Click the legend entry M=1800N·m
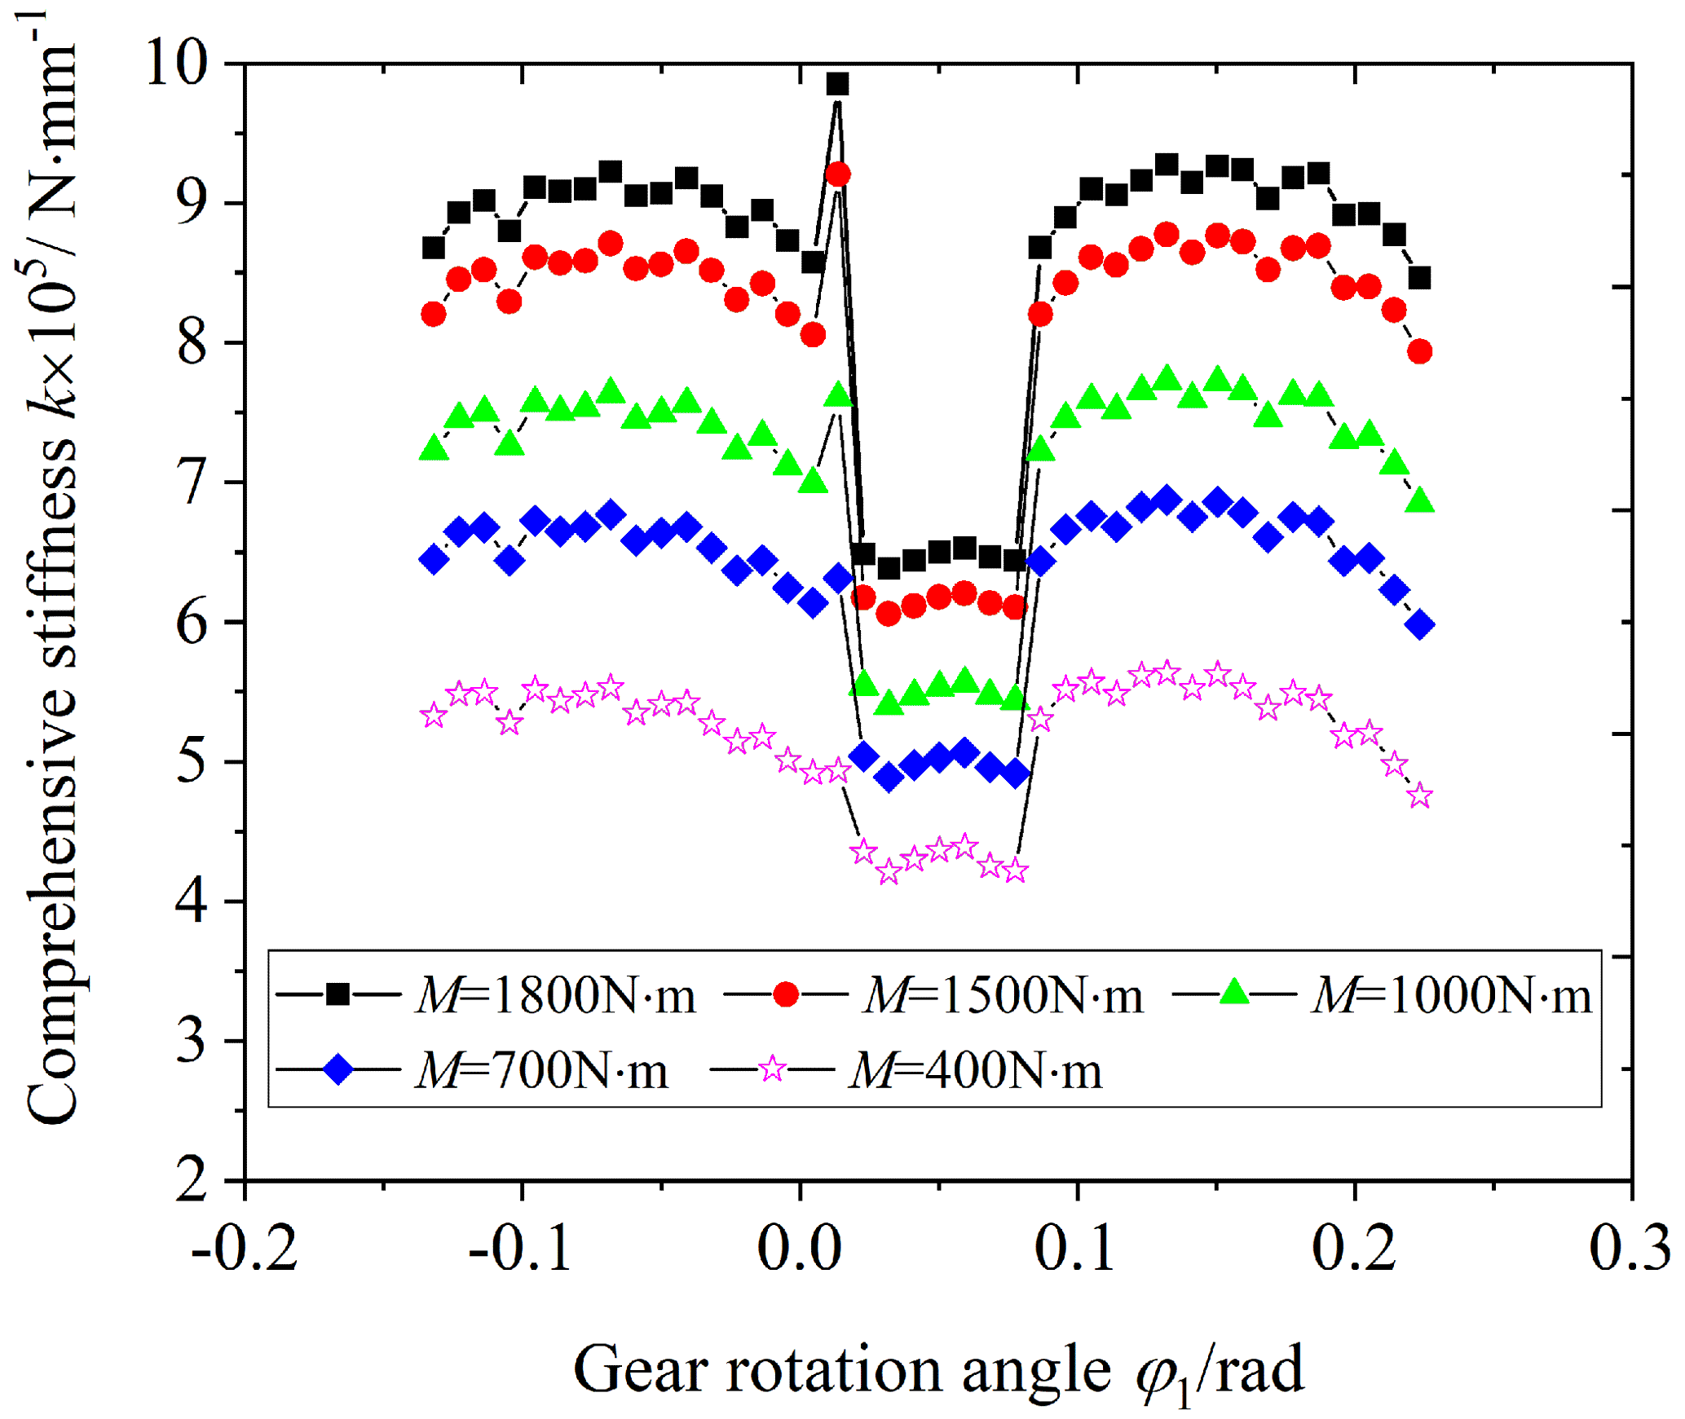[486, 994]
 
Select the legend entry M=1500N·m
[933, 994]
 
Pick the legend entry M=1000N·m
[1381, 994]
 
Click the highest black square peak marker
[837, 84]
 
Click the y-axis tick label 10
[175, 63]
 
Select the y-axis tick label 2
[192, 1179]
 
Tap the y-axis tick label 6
[192, 623]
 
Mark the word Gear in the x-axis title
[640, 1370]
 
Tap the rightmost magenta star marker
[1420, 795]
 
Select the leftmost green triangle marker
[434, 449]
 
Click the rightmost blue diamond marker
[1420, 625]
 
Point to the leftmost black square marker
[434, 248]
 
